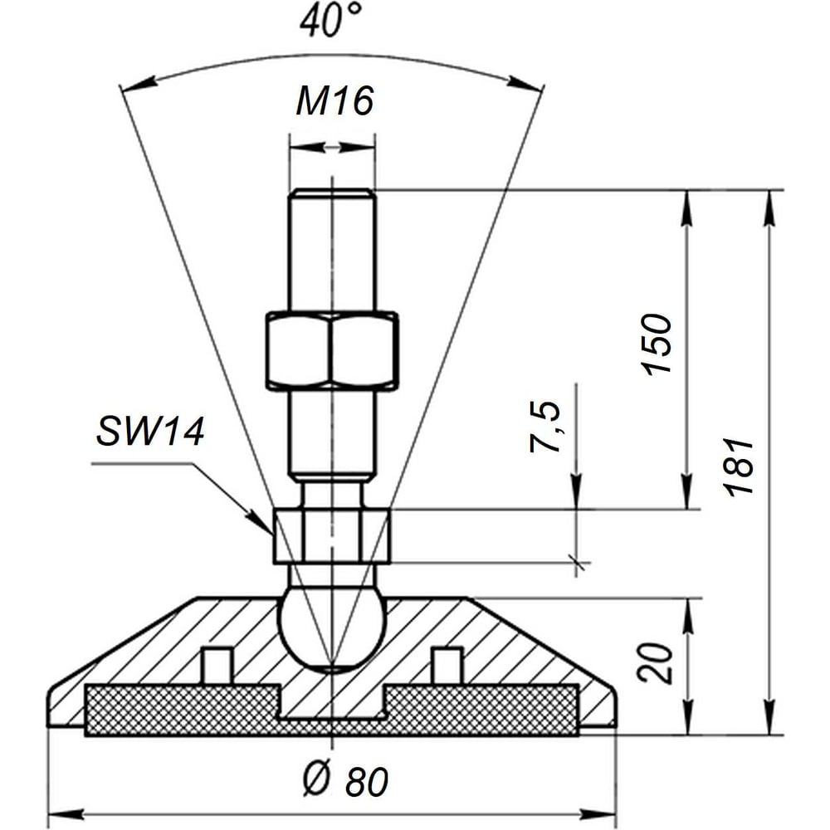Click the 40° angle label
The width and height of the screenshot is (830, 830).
[331, 22]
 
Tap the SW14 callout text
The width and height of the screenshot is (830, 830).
[150, 431]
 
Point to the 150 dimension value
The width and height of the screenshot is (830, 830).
[657, 344]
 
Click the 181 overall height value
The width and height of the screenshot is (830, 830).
[738, 466]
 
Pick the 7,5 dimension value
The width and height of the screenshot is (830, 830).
[545, 427]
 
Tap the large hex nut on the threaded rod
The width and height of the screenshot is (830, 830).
[332, 351]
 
